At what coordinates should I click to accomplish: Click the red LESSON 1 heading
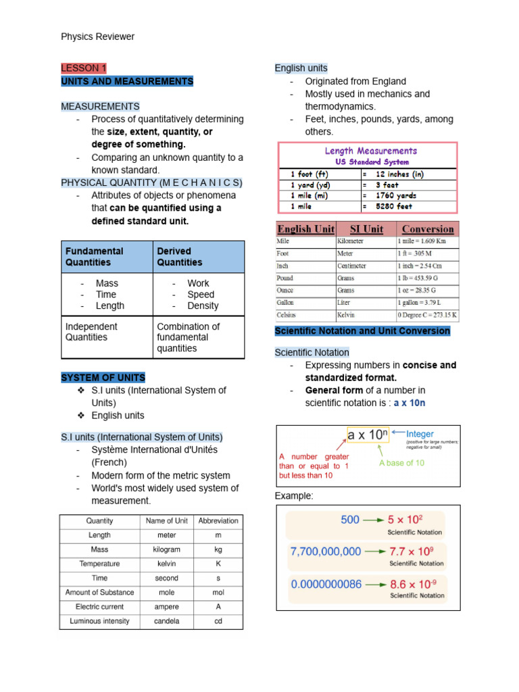pos(84,68)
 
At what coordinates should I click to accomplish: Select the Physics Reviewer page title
pos(97,36)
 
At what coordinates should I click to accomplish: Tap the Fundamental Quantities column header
pos(95,256)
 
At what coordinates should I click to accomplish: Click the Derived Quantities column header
pos(180,256)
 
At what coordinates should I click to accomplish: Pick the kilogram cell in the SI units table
pos(167,549)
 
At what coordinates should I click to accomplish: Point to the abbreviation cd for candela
pos(218,620)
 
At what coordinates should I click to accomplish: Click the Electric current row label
pos(100,606)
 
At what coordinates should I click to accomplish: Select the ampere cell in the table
pos(167,606)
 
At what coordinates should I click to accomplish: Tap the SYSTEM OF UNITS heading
pos(103,377)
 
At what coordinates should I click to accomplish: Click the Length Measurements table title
pos(371,151)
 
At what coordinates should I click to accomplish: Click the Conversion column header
pos(427,228)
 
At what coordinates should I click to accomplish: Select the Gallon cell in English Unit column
pos(286,303)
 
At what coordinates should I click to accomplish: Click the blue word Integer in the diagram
pos(420,434)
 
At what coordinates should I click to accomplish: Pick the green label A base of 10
pos(401,463)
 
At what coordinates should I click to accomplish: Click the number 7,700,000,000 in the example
pos(325,551)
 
